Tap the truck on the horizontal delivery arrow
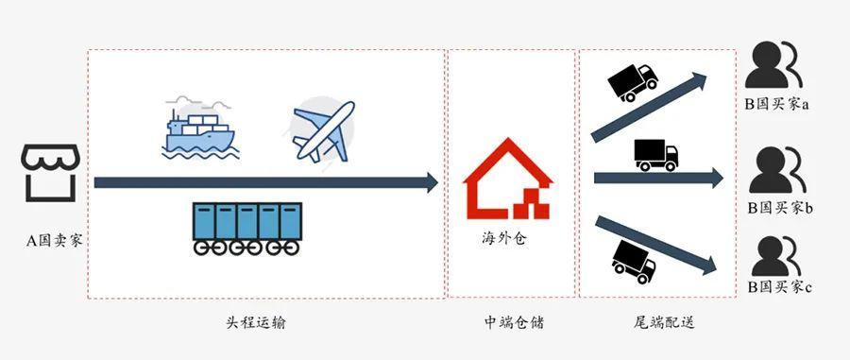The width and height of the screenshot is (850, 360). point(655,155)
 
